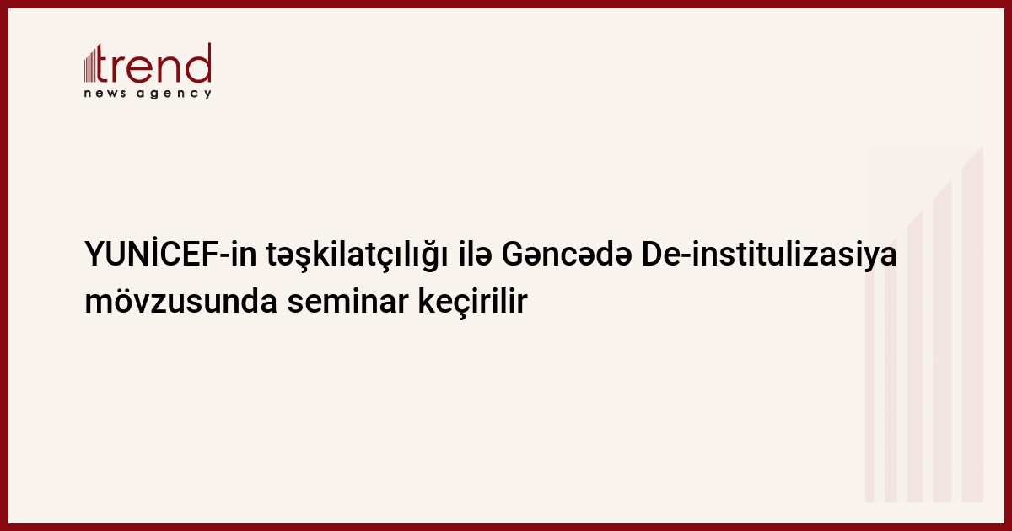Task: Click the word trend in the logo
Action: (153, 63)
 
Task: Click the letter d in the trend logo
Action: (199, 62)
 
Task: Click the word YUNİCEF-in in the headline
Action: (170, 254)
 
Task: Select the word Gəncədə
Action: (567, 254)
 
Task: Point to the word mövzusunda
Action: (180, 301)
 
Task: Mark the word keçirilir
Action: (472, 303)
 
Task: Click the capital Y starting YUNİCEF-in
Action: (96, 255)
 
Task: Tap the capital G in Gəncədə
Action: (514, 255)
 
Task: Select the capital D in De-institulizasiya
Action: (653, 255)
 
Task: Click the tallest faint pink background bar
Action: (972, 324)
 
